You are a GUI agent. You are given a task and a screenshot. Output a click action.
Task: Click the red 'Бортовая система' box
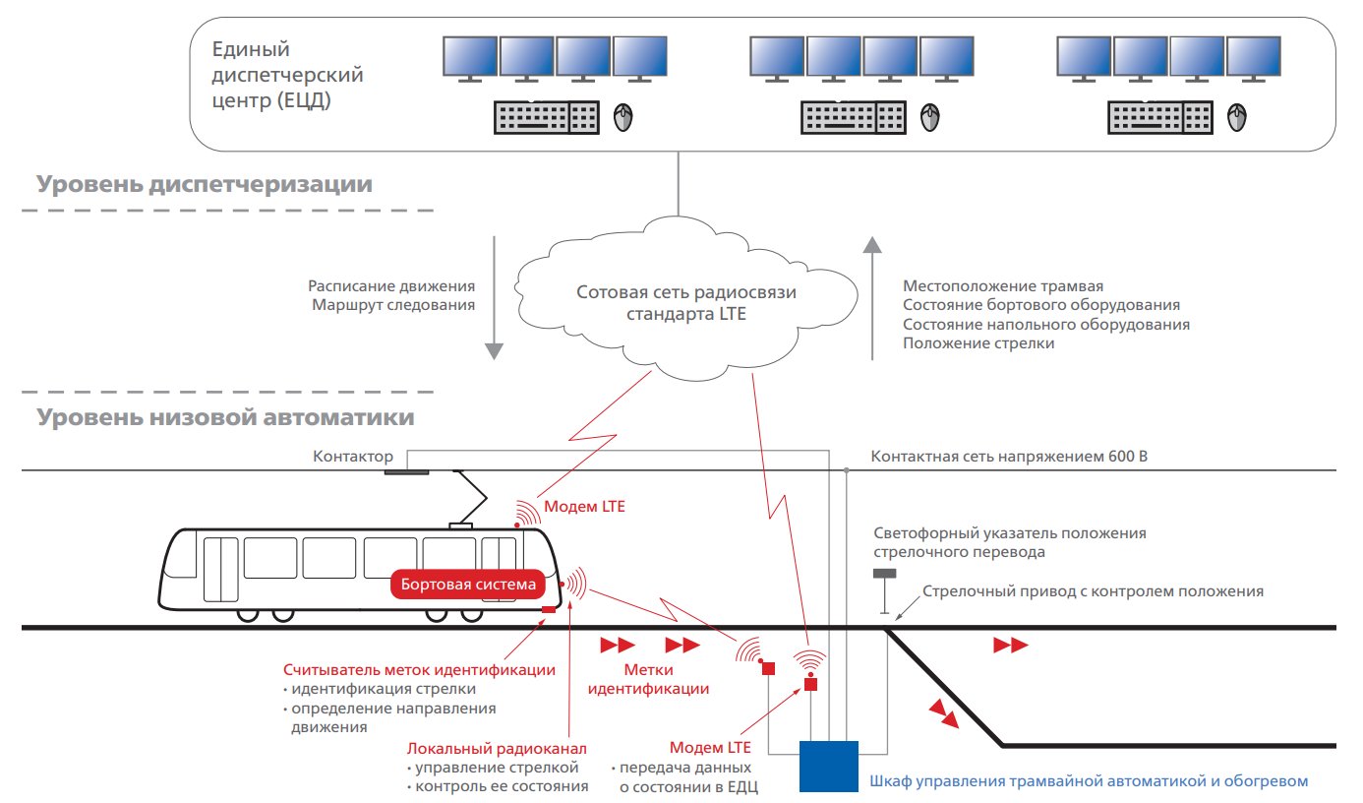pyautogui.click(x=468, y=585)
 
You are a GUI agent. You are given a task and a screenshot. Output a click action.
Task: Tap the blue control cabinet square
pyautogui.click(x=830, y=766)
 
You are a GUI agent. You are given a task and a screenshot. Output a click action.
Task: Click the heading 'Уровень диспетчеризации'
pyautogui.click(x=206, y=184)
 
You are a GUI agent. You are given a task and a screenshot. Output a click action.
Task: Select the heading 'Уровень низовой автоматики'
pyautogui.click(x=226, y=417)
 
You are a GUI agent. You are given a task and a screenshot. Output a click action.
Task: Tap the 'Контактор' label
pyautogui.click(x=353, y=457)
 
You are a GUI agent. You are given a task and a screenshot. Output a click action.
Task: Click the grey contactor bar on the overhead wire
pyautogui.click(x=406, y=472)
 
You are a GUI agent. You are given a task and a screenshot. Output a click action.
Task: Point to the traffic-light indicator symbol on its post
pyautogui.click(x=885, y=575)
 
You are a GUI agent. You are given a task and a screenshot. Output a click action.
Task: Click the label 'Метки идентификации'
pyautogui.click(x=648, y=679)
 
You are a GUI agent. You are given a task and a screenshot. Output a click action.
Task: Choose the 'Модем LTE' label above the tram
pyautogui.click(x=585, y=508)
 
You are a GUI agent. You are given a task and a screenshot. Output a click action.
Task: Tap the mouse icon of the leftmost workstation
pyautogui.click(x=622, y=118)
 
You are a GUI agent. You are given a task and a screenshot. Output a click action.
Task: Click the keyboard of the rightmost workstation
pyautogui.click(x=1160, y=119)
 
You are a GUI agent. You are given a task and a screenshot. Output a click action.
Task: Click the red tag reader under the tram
pyautogui.click(x=549, y=610)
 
